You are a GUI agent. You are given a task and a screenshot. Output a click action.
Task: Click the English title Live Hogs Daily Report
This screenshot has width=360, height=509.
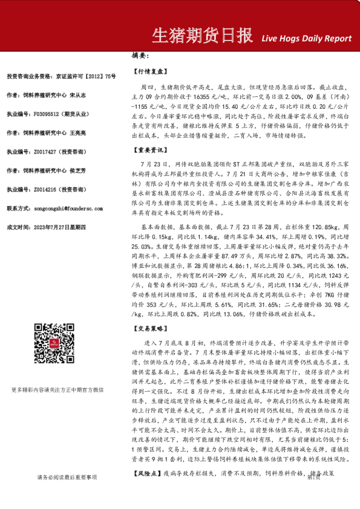pos(306,38)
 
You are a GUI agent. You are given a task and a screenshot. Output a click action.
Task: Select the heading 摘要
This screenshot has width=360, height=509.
pos(140,56)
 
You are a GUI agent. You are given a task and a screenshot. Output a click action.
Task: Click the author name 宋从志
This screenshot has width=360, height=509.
pos(77,94)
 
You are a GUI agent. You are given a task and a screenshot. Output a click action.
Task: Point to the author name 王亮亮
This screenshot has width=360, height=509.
pos(77,132)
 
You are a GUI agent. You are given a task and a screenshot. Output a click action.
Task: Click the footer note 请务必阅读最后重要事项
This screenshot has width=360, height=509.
pos(66,493)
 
